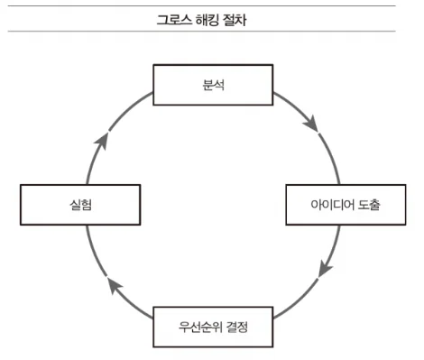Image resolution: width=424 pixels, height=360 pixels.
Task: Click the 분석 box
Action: (213, 85)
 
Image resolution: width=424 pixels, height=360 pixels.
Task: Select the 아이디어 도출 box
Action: (346, 205)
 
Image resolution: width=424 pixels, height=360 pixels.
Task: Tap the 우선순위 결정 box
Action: (213, 327)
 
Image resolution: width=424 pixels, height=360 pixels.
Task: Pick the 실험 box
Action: (80, 205)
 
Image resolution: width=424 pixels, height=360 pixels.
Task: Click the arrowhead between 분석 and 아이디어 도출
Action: (311, 124)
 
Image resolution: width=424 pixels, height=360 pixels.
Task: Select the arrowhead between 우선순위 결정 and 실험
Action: (115, 286)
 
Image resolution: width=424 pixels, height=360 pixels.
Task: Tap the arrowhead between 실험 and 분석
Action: (102, 141)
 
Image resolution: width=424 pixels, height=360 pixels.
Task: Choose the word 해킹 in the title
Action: (207, 20)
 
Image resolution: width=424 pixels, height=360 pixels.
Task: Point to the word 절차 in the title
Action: (235, 20)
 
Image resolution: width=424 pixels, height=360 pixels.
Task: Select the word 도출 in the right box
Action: (369, 205)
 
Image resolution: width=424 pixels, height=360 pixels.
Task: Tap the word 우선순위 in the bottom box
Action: (198, 327)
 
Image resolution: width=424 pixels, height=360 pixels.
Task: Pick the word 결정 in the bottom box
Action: (235, 327)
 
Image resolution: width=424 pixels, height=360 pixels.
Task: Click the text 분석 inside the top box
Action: (213, 85)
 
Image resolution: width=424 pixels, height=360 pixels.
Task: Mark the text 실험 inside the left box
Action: (80, 205)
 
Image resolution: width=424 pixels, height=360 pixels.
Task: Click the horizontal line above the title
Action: (201, 5)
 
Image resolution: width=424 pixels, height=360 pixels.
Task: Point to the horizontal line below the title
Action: (201, 31)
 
